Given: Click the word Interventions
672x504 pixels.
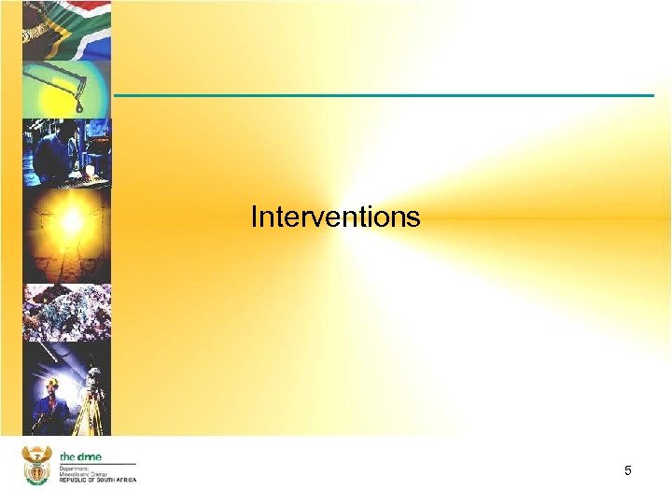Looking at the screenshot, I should (335, 217).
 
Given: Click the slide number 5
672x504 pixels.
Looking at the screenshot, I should (628, 471).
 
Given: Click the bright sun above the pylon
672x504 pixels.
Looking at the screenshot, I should (72, 222).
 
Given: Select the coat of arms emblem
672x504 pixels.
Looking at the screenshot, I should (36, 465).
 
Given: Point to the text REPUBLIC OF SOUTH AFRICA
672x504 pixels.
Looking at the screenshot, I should (97, 480).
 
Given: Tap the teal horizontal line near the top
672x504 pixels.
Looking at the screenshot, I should (384, 95).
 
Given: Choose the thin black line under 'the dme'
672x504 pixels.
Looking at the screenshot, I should (97, 463).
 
